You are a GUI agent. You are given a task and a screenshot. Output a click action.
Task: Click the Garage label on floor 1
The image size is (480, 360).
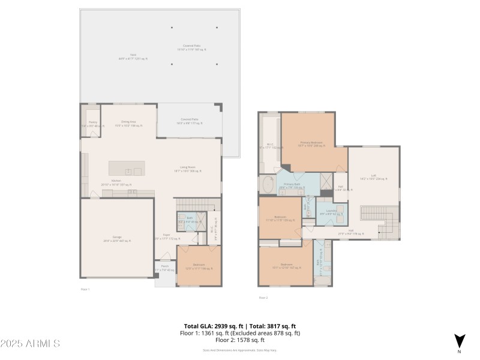point(117,239)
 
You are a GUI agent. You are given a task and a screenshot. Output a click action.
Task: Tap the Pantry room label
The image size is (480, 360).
point(92,124)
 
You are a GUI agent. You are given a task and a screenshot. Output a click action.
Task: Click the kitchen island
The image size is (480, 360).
point(127,169)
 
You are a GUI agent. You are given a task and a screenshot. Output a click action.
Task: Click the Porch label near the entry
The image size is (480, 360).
point(164,268)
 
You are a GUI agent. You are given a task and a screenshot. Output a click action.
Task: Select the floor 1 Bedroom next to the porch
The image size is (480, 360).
point(198,266)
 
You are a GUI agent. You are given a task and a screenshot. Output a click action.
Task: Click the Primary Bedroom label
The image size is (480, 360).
point(311,143)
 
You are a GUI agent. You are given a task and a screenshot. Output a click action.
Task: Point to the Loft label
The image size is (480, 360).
point(373,178)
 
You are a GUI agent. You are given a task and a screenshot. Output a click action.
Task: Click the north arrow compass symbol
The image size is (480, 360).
point(460,341)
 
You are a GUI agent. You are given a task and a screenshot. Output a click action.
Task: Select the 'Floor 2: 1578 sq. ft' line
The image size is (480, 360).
point(239,340)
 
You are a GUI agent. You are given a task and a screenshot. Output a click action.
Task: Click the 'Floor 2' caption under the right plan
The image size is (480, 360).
point(263,298)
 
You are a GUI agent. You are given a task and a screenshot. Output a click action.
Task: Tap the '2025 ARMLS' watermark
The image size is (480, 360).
point(30,344)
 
